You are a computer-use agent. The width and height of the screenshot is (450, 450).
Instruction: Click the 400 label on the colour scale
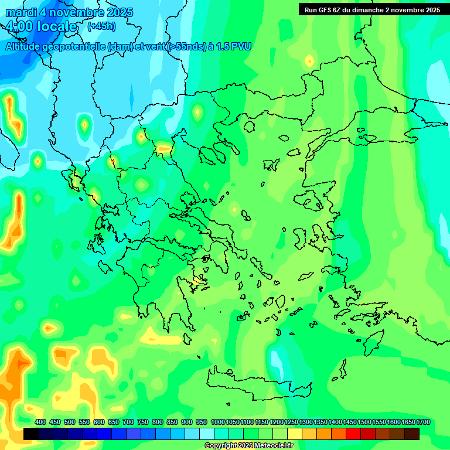pyautogui.click(x=40, y=422)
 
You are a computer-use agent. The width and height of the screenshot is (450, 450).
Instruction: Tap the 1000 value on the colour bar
pyautogui.click(x=217, y=422)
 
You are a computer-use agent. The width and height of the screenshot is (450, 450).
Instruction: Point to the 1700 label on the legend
pyautogui.click(x=423, y=422)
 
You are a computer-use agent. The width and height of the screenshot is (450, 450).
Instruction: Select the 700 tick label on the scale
pyautogui.click(x=128, y=422)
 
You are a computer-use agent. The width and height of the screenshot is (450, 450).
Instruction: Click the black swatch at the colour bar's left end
pyautogui.click(x=31, y=434)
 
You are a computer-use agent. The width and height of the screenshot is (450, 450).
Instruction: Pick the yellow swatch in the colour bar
pyautogui.click(x=295, y=434)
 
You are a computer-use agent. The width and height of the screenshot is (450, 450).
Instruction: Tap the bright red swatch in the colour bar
pyautogui.click(x=353, y=434)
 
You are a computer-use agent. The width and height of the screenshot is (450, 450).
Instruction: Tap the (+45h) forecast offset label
pyautogui.click(x=101, y=26)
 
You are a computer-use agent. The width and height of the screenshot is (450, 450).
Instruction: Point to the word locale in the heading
pyautogui.click(x=56, y=26)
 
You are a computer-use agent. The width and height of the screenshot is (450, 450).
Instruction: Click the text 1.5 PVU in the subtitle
pyautogui.click(x=234, y=47)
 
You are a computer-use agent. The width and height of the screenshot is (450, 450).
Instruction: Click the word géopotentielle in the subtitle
pyautogui.click(x=73, y=47)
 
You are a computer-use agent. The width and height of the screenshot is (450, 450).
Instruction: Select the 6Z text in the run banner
pyautogui.click(x=339, y=10)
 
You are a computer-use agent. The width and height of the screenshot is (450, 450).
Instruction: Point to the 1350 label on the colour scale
pyautogui.click(x=320, y=422)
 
